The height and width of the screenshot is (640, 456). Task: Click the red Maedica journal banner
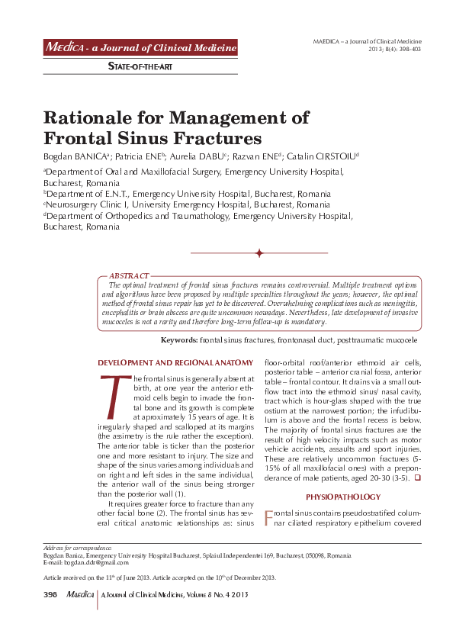coord(140,48)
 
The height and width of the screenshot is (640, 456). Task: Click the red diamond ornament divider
coord(259,252)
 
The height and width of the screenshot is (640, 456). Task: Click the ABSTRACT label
coord(129,275)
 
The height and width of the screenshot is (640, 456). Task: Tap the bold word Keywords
coord(178,339)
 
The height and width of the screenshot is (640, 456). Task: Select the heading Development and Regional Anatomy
coord(175,362)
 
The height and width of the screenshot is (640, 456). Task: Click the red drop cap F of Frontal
coord(268,519)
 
